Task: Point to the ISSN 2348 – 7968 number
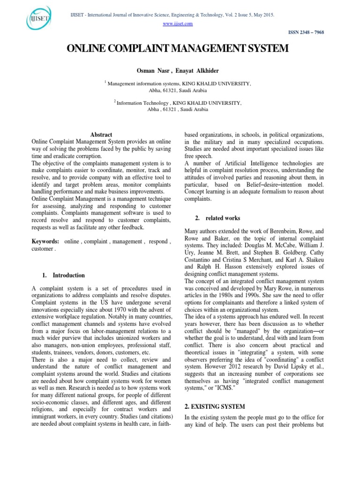(308, 32)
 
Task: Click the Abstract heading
(101, 135)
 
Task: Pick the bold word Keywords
(45, 241)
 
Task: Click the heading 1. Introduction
(65, 275)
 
